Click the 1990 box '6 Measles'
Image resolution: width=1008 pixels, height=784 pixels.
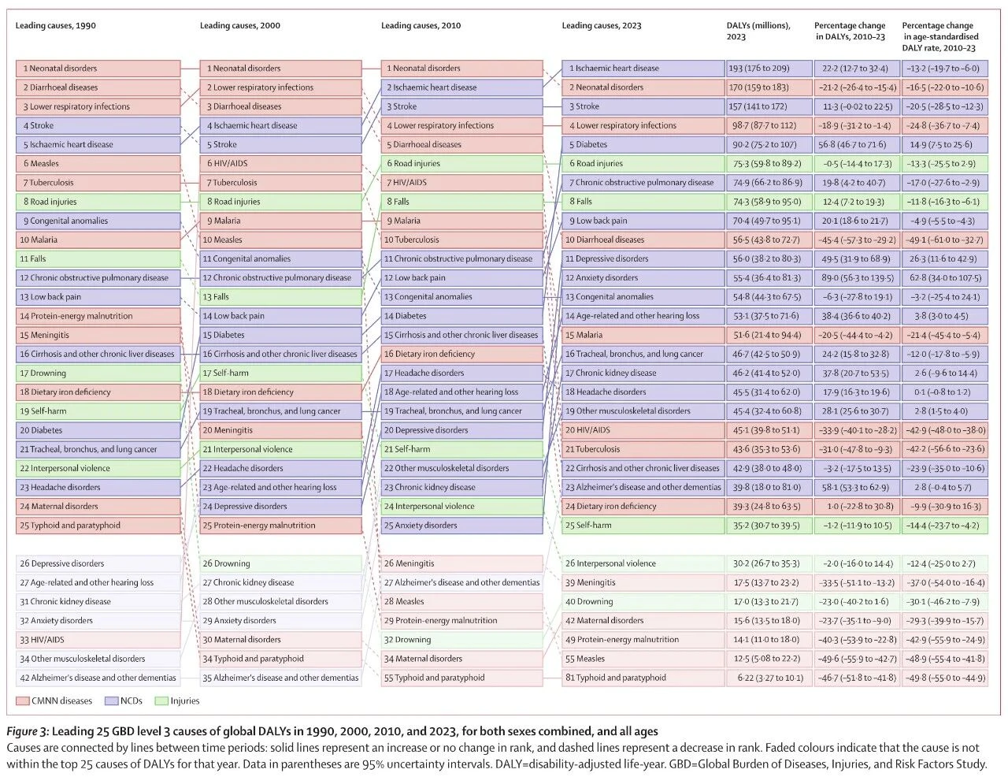click(98, 163)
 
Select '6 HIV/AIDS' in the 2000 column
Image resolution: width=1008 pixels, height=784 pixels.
click(280, 163)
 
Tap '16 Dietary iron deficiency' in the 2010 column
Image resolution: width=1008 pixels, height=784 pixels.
click(461, 354)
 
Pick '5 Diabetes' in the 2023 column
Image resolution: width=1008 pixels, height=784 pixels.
click(643, 144)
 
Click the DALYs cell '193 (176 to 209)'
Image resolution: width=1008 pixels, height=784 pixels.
click(769, 69)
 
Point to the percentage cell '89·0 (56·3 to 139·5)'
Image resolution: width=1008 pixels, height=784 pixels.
click(857, 278)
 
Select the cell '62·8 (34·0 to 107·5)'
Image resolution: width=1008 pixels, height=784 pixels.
click(944, 278)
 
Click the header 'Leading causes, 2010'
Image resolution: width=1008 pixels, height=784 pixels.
click(421, 25)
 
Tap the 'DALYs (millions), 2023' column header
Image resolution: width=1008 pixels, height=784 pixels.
click(758, 31)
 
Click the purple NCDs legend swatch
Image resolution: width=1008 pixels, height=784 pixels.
click(111, 700)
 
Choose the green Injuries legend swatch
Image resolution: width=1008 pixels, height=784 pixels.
click(161, 700)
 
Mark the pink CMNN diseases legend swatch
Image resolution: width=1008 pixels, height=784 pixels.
click(22, 700)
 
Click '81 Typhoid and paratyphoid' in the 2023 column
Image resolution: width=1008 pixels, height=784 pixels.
click(643, 678)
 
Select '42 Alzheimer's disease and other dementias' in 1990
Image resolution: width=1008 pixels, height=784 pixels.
click(98, 678)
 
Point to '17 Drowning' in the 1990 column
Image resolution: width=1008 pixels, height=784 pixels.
click(98, 373)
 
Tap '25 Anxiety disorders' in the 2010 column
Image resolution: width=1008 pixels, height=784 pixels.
click(461, 525)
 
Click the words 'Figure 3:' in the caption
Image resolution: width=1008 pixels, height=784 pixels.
click(27, 732)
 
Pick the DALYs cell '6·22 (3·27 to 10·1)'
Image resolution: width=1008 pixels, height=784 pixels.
click(769, 678)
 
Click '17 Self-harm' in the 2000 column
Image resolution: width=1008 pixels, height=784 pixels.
click(280, 373)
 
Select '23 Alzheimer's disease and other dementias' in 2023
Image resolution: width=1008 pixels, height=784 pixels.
click(643, 487)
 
